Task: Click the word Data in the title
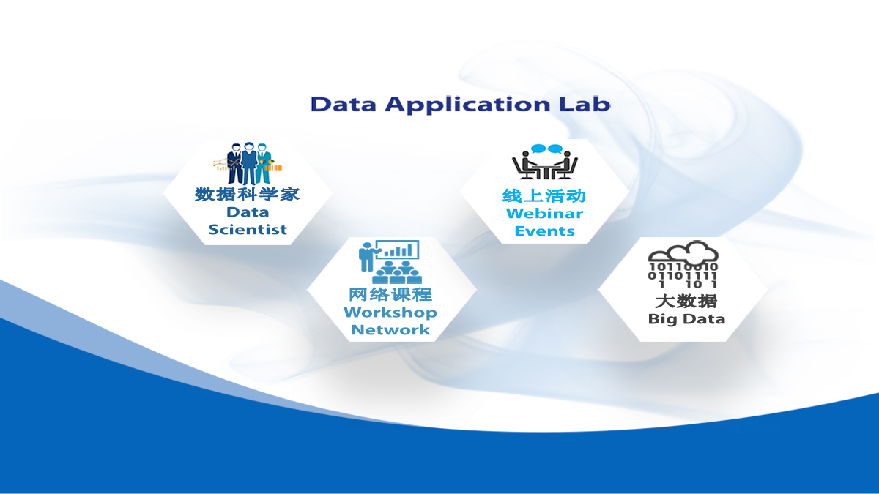point(344,104)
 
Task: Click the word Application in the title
point(466,105)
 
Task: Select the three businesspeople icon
point(248,164)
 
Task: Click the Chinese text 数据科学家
point(248,194)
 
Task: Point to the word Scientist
point(248,230)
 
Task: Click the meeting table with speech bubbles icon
point(545,162)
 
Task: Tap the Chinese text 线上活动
point(544,196)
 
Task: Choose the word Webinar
point(544,214)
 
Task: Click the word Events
point(544,231)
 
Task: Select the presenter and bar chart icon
point(389,261)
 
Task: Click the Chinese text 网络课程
point(390,294)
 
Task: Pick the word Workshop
point(390,313)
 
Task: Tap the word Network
point(390,330)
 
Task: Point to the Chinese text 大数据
point(686,301)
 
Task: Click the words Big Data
point(686,319)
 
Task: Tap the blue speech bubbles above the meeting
point(546,149)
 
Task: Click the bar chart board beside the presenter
point(401,250)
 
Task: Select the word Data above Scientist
point(248,212)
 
